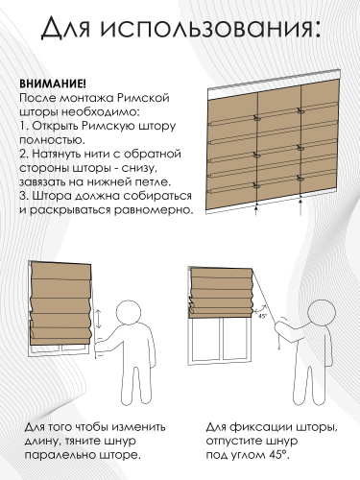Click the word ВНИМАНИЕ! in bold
(x=53, y=84)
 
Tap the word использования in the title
(x=209, y=28)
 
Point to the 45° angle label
(x=262, y=316)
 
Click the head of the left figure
(x=129, y=313)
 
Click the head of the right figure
(x=321, y=312)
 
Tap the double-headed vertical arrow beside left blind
(x=99, y=319)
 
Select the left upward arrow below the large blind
(x=256, y=211)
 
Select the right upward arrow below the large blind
(x=300, y=206)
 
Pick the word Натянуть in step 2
(x=57, y=154)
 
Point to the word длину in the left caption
(x=42, y=442)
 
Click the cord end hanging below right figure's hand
(x=279, y=347)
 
